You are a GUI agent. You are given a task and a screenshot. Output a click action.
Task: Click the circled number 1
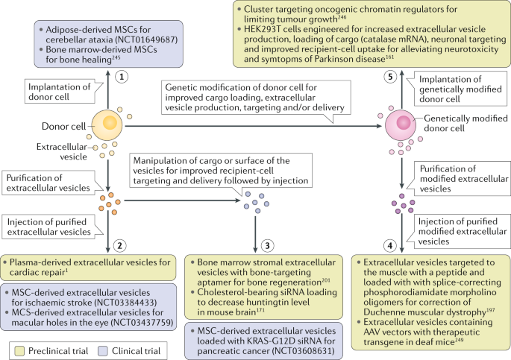122,77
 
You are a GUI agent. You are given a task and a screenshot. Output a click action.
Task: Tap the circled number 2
119,245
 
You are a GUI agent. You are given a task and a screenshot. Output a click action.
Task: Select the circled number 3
267,245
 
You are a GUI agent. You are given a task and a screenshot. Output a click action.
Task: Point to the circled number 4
389,246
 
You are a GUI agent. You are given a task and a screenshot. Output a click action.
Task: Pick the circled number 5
390,77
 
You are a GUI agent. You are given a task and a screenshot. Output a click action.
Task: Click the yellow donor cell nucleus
110,123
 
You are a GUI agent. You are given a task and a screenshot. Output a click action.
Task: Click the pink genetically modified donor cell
401,125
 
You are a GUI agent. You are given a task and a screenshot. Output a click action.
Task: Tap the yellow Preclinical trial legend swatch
19,351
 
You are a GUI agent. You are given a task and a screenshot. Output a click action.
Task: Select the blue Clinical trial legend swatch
103,351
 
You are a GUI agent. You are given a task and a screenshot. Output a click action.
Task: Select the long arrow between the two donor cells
253,126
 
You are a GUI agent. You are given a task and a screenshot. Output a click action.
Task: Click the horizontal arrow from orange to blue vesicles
183,200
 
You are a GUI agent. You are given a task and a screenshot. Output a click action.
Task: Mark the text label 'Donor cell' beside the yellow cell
63,126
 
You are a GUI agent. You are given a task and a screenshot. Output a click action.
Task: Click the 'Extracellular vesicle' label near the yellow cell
62,152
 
